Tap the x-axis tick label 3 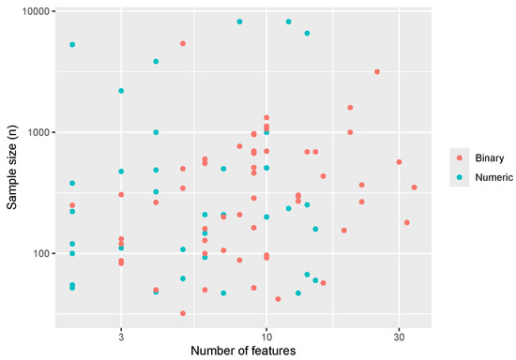tap(121, 336)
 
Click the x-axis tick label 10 tap(266, 336)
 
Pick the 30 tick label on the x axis tap(399, 336)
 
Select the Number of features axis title tap(243, 352)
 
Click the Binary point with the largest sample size tap(183, 43)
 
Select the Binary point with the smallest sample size tap(183, 313)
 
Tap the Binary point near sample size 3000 tap(377, 71)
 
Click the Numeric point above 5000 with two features tap(72, 44)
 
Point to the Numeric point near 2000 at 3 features tap(121, 91)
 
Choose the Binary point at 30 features tap(399, 162)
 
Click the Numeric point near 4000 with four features tap(156, 62)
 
